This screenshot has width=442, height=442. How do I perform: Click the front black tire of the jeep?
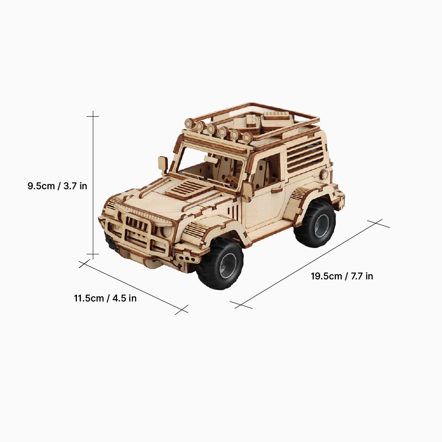point(220,264)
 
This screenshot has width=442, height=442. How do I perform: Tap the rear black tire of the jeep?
point(315,224)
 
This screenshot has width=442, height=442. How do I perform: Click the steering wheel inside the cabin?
point(229,180)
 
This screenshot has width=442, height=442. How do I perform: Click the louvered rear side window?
point(305,155)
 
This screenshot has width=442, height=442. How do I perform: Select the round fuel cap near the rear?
point(325,174)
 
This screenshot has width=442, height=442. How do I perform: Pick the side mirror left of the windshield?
point(163,164)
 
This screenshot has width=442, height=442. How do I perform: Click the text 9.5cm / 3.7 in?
point(57,186)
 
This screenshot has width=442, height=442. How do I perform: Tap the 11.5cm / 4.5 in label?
point(105,298)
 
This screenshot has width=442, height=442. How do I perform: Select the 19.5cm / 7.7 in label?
point(342,276)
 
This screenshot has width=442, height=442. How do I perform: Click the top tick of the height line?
point(93,116)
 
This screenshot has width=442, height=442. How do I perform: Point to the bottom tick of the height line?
point(93,254)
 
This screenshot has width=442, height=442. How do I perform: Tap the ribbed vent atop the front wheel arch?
point(196,229)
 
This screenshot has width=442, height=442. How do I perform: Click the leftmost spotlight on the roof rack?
point(189,123)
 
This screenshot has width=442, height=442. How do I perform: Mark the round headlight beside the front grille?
point(166,231)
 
